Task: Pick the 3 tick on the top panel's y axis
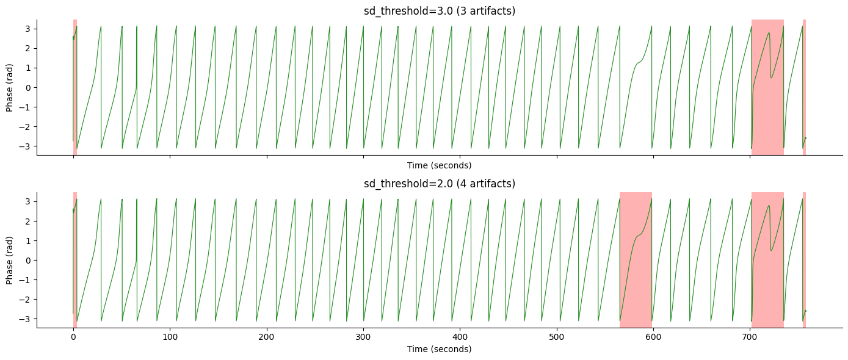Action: (x=27, y=29)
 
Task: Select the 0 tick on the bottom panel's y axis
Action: (x=27, y=260)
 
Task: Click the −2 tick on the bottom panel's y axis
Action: (x=25, y=299)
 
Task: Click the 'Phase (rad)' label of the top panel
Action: (x=10, y=87)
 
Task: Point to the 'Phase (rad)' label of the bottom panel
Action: (x=10, y=260)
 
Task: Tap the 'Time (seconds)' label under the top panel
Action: (x=439, y=165)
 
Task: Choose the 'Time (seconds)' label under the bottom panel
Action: (x=439, y=349)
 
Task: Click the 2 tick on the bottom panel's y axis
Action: (x=27, y=221)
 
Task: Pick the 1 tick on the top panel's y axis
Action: (x=27, y=68)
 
